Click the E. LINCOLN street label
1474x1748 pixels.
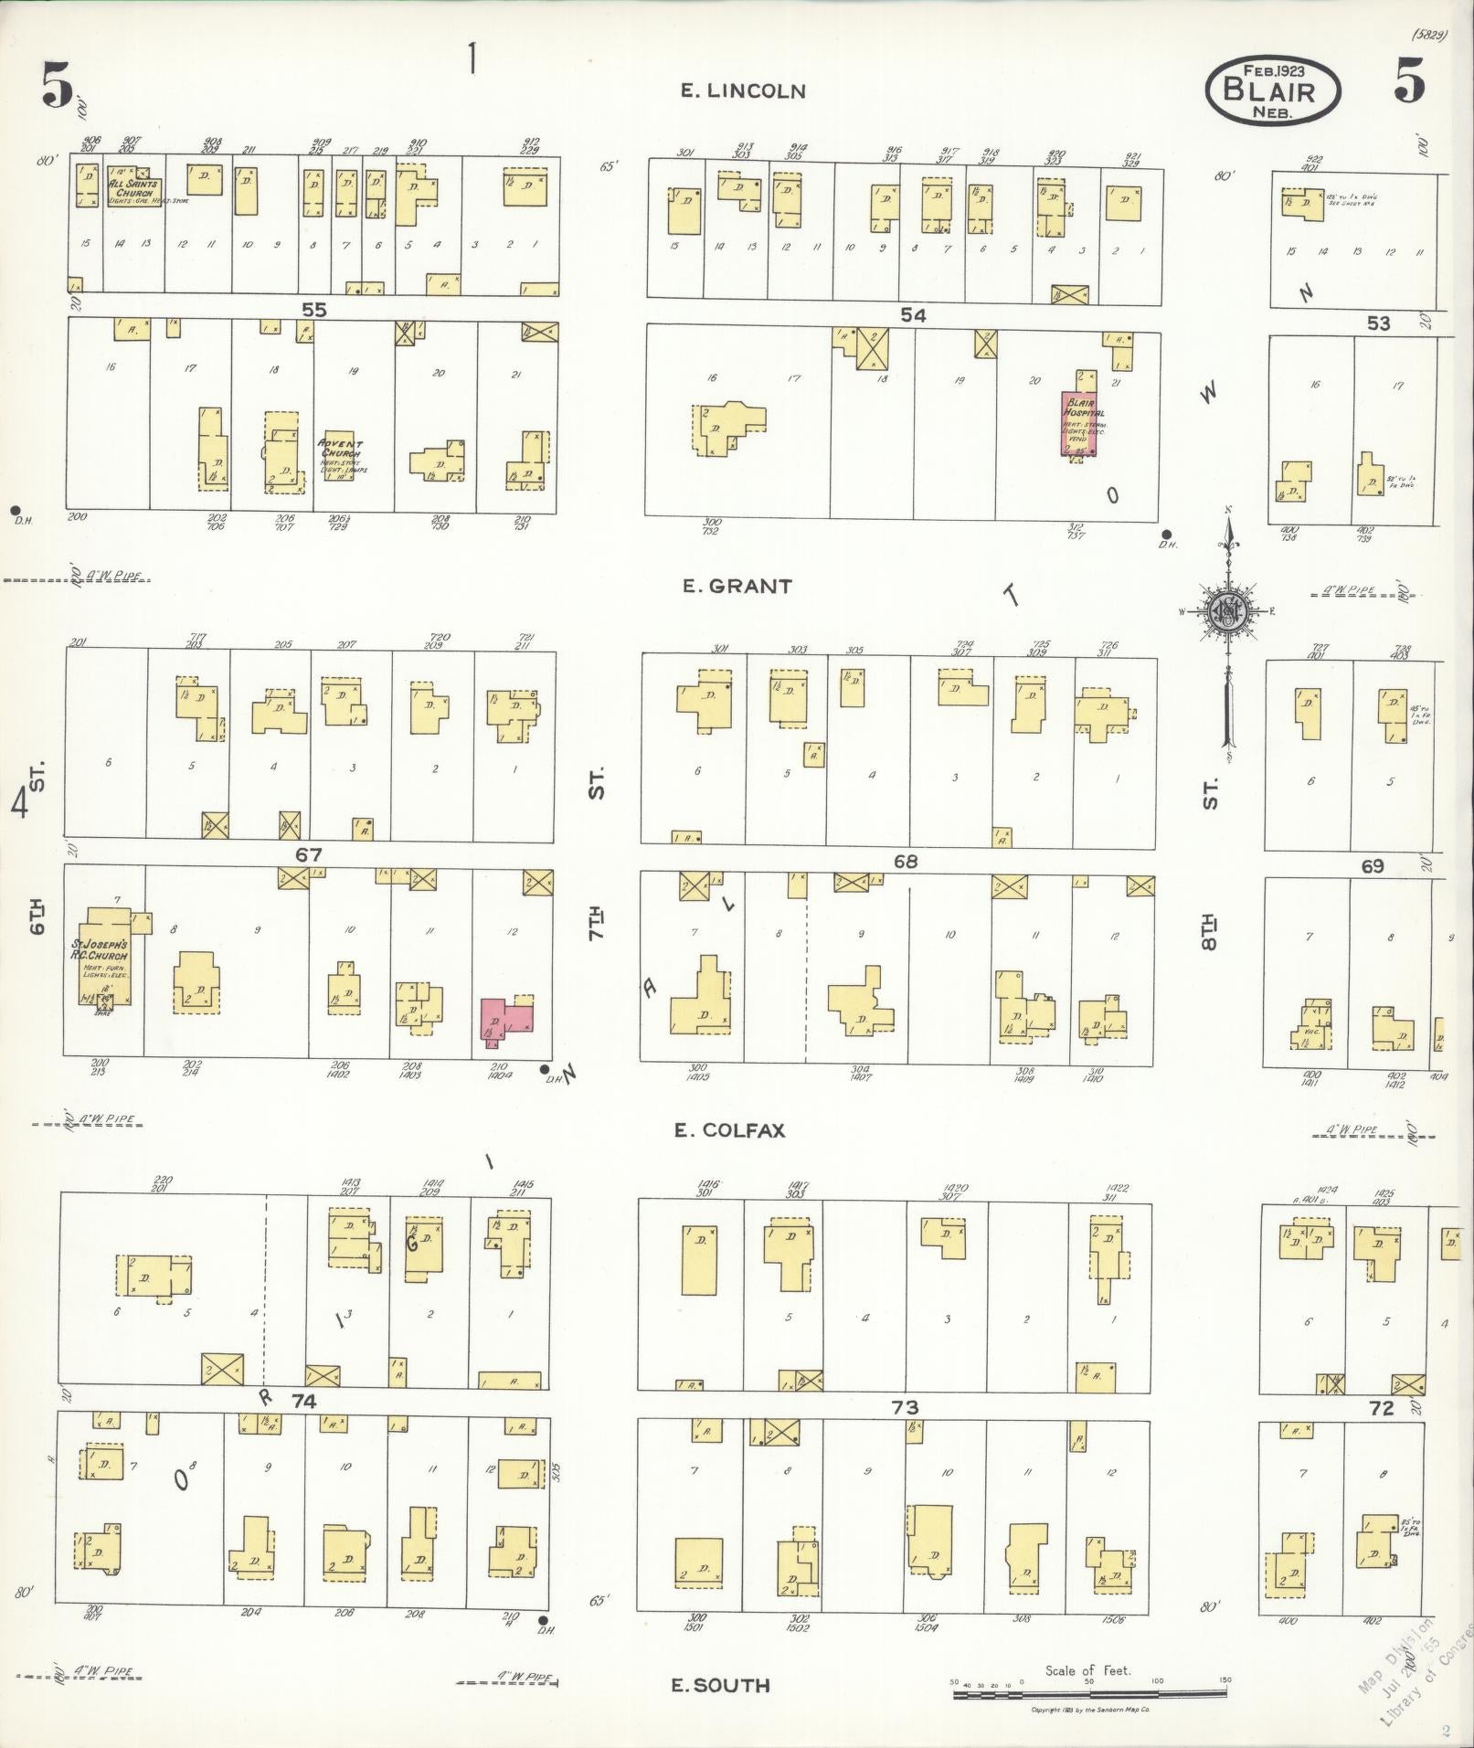click(743, 90)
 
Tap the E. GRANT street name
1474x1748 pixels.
click(737, 586)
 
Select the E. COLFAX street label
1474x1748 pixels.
click(729, 1130)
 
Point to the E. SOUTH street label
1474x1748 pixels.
click(720, 1686)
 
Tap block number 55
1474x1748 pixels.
click(313, 310)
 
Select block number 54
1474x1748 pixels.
click(912, 315)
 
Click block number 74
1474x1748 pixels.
click(303, 1402)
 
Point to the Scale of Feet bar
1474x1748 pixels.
click(1089, 1693)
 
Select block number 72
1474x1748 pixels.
click(1381, 1408)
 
